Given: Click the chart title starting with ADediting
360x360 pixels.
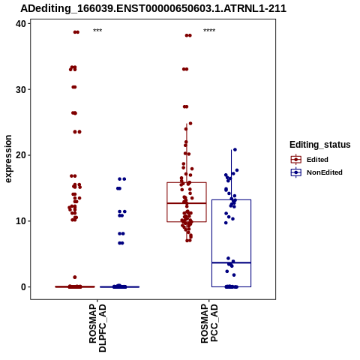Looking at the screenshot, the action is coord(153,9).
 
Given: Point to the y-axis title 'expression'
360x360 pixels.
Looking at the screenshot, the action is coord(8,159).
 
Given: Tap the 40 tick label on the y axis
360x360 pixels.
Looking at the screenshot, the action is coord(21,24).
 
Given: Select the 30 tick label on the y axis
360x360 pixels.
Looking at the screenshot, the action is coord(21,89).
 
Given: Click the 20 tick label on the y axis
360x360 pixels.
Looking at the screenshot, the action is coord(21,155).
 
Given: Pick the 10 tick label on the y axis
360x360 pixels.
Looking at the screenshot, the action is coord(21,221).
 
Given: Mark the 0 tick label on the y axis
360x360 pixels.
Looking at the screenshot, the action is coord(24,287).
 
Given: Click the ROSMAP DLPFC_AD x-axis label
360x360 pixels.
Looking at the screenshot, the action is coord(97,328).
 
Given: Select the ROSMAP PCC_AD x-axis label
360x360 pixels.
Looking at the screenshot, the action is coord(209,323).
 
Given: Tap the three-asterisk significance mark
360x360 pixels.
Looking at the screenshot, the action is coord(97,31).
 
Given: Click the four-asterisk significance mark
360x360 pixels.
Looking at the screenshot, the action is coord(209,31).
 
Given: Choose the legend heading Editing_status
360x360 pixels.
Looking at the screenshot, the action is coord(320,145).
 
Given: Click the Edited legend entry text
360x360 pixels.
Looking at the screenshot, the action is coord(317,160).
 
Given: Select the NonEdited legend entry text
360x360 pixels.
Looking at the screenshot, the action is coord(325,172).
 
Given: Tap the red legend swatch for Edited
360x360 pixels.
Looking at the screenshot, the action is coord(296,160).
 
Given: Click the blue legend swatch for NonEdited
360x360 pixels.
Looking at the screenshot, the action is coord(296,172).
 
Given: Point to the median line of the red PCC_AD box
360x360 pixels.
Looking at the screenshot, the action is coord(187,203).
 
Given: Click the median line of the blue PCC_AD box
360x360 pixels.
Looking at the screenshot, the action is coord(231,262).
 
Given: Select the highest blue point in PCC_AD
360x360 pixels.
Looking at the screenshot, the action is coord(235,150).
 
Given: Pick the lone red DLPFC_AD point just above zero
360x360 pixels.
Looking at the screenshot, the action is coord(75,277).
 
